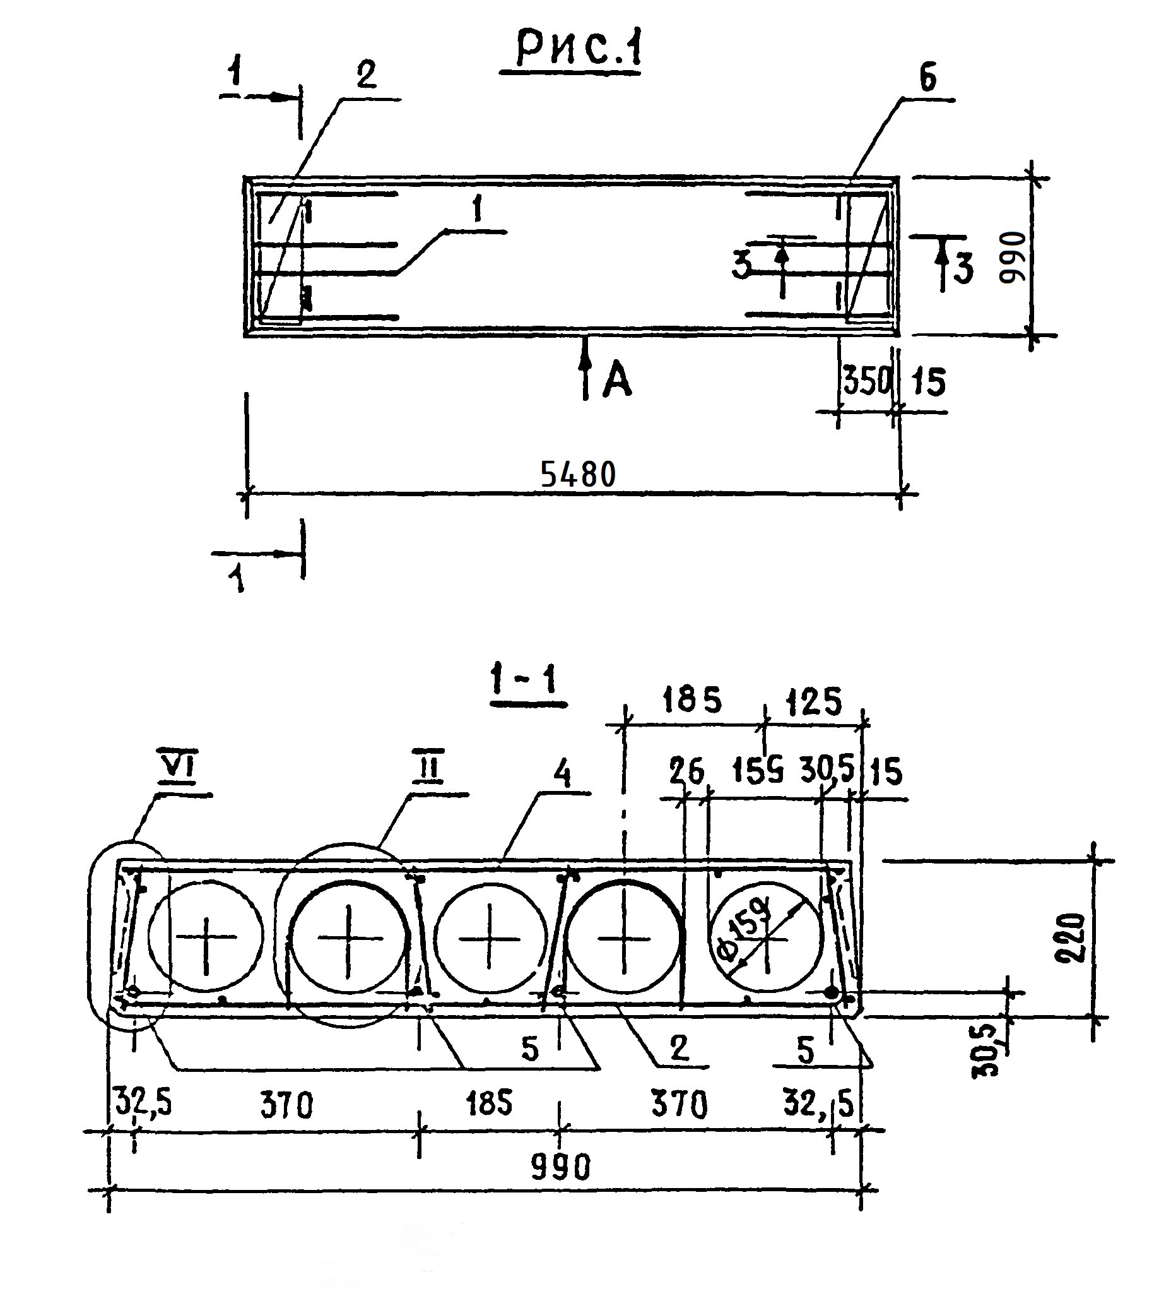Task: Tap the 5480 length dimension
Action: pos(577,475)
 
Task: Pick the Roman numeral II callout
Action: pos(430,770)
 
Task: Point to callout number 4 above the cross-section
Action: pos(562,777)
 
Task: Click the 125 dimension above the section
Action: pos(813,702)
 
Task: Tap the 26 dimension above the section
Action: pos(686,771)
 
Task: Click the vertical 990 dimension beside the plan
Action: pos(1012,258)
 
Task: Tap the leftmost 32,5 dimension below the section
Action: pos(142,1102)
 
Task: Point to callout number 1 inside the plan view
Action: pos(476,210)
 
